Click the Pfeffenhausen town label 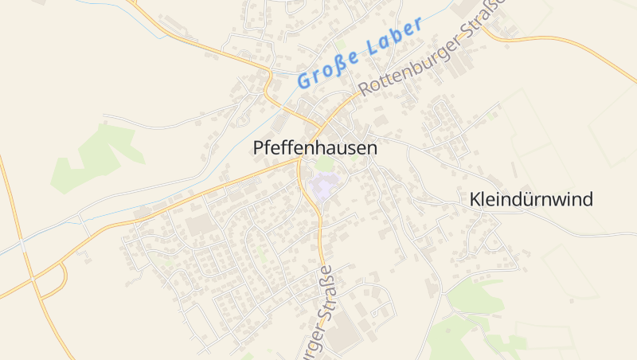pyautogui.click(x=315, y=148)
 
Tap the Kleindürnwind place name pyautogui.click(x=531, y=199)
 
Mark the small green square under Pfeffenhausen pyautogui.click(x=324, y=165)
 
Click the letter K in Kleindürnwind pyautogui.click(x=475, y=199)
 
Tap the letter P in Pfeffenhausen pyautogui.click(x=258, y=148)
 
